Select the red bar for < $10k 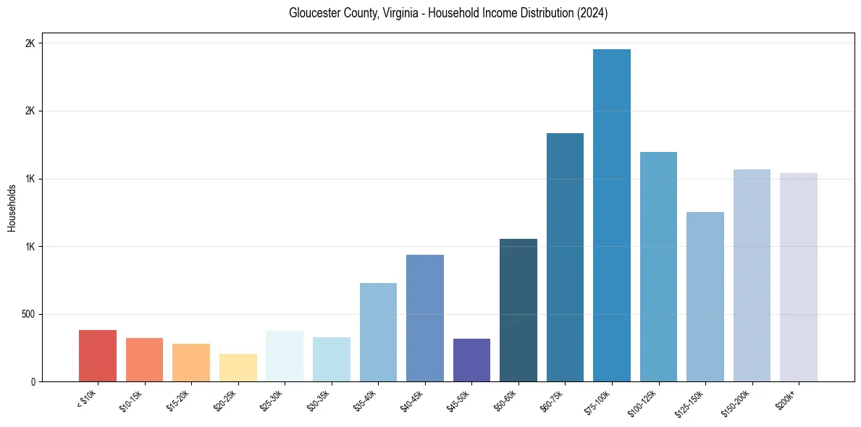98,356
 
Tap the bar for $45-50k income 471,360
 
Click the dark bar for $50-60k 518,310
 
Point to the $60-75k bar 565,258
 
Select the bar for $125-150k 705,297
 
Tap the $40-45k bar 425,318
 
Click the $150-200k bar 752,276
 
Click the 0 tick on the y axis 33,381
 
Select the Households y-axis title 12,208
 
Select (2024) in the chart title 593,13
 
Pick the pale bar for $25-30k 285,356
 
